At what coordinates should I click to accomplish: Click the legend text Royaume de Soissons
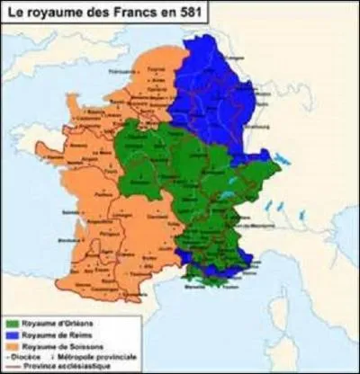pyautogui.click(x=59, y=344)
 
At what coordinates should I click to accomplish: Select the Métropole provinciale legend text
pyautogui.click(x=95, y=356)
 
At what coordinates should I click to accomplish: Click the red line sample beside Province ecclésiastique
pyautogui.click(x=10, y=365)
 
